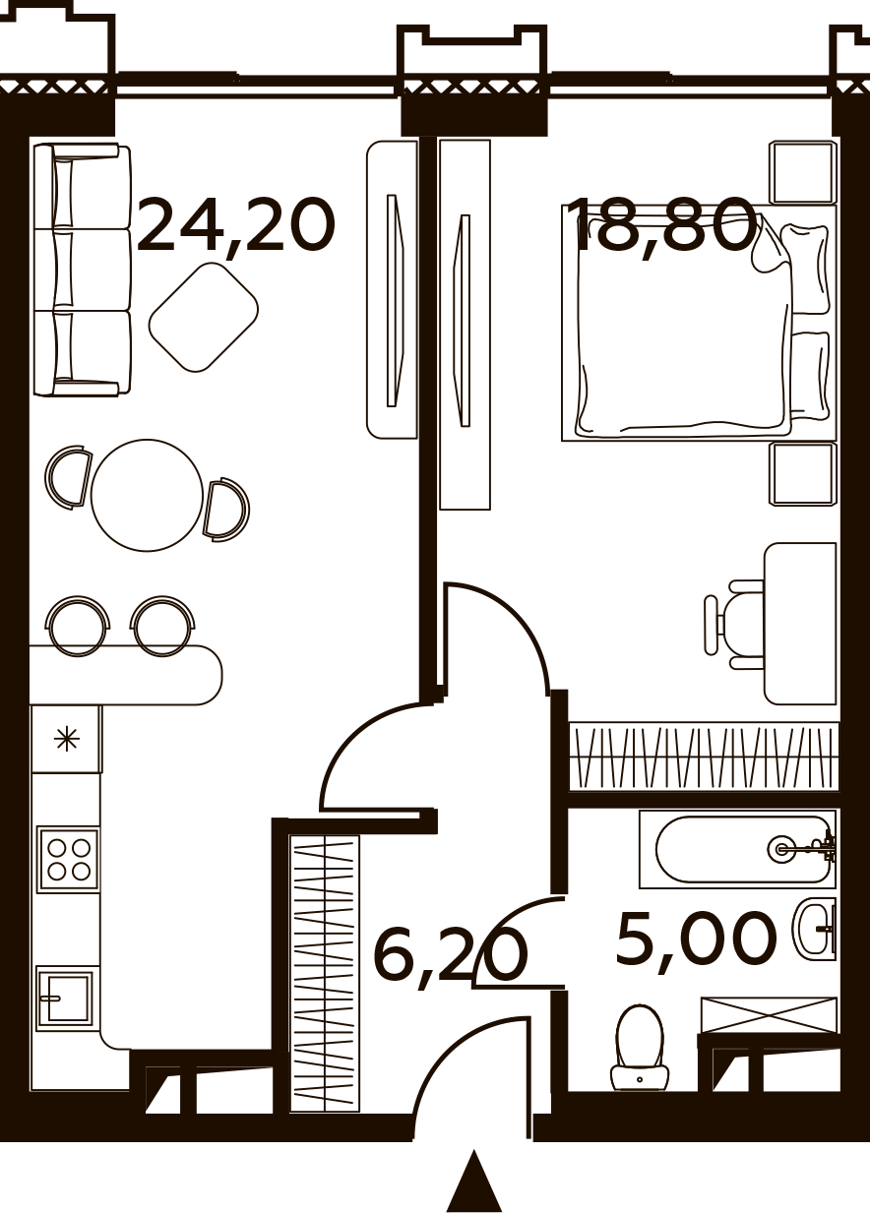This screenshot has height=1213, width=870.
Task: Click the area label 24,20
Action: (x=235, y=226)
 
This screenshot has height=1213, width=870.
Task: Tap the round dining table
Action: (x=148, y=495)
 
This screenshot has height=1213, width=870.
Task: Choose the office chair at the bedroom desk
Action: (x=734, y=625)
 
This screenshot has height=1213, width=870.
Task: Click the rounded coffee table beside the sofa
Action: (x=203, y=318)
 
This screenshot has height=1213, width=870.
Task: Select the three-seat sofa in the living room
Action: (x=82, y=270)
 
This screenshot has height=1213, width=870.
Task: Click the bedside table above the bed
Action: (x=803, y=173)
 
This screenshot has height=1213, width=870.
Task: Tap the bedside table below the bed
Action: (x=803, y=474)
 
